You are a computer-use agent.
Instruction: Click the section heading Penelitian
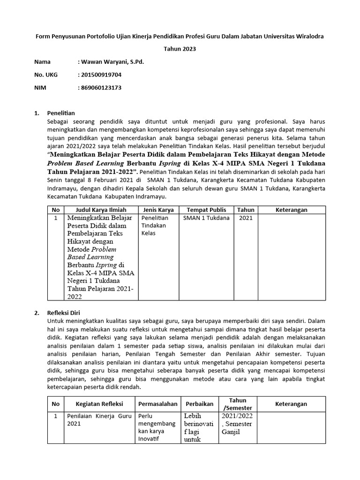[61, 113]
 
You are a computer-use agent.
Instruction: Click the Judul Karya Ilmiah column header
[100, 210]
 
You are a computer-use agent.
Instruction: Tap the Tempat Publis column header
[206, 210]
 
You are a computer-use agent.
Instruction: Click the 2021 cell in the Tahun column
[245, 218]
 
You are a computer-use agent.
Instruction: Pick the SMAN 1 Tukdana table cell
[206, 218]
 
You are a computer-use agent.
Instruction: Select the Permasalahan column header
[158, 404]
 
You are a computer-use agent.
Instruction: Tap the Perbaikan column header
[200, 404]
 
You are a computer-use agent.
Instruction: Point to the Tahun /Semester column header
[238, 404]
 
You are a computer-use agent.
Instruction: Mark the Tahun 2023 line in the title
[180, 49]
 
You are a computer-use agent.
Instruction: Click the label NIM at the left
[40, 87]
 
